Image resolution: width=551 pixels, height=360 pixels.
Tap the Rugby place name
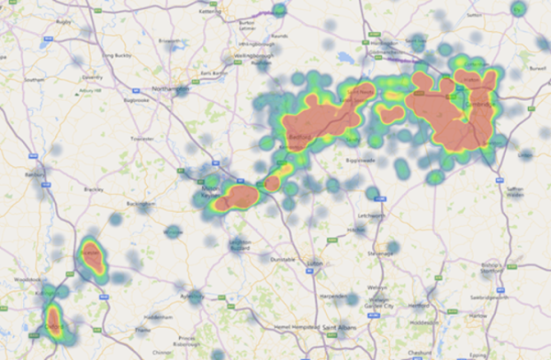65,19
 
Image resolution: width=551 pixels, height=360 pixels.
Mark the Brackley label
93,189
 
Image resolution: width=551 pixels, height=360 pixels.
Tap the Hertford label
419,305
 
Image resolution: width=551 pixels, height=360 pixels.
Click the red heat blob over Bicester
92,258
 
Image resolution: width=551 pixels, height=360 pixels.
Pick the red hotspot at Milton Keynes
242,196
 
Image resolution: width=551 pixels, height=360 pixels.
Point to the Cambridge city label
478,106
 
